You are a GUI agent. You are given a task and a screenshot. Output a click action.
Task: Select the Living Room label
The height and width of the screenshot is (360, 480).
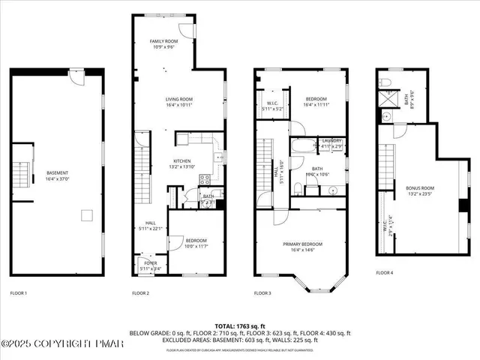point(180,99)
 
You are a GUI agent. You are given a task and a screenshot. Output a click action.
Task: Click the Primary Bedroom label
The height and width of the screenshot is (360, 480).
point(303,244)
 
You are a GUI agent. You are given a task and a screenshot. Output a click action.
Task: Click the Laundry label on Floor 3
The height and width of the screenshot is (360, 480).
point(331,141)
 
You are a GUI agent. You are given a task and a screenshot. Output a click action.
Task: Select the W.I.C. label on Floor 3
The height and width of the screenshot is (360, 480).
point(273,104)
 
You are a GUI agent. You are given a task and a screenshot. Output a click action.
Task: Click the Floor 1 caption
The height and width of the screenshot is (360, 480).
point(19,292)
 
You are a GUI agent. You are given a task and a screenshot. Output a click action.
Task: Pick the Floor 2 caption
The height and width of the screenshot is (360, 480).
point(142,292)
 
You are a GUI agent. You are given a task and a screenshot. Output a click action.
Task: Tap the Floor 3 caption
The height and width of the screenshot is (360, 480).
point(262,292)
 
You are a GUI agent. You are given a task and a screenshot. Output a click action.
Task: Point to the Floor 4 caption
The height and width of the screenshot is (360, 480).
point(384,272)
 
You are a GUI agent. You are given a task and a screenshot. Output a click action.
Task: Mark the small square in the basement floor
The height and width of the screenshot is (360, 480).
point(86,216)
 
